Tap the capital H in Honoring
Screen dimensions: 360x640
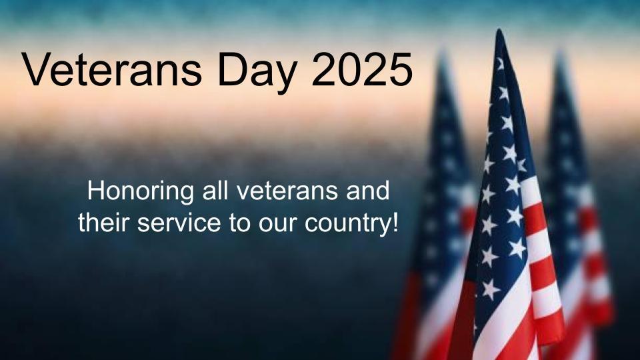pos(95,193)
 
